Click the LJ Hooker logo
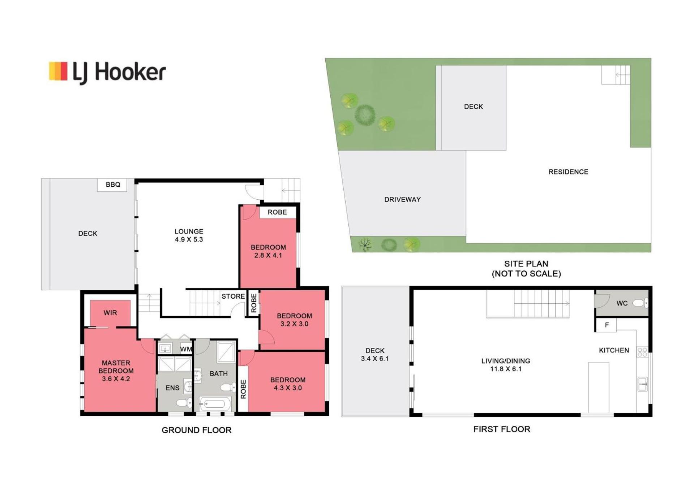pos(107,72)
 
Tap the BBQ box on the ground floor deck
pos(112,185)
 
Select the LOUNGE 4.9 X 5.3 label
pos(189,235)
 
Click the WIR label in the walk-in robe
pos(110,313)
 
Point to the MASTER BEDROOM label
pos(116,367)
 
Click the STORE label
pos(233,296)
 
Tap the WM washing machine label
pos(186,349)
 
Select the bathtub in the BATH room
pos(215,403)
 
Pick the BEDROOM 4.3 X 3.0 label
pos(288,384)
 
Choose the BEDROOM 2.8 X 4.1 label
pos(268,251)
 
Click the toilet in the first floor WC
pos(640,303)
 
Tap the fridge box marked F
pos(607,325)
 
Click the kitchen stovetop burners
pos(642,352)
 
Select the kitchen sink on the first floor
pos(643,384)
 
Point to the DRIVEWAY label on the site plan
pos(402,199)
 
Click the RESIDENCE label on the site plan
pos(568,172)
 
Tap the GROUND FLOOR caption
pos(196,430)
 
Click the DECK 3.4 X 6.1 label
pos(375,355)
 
